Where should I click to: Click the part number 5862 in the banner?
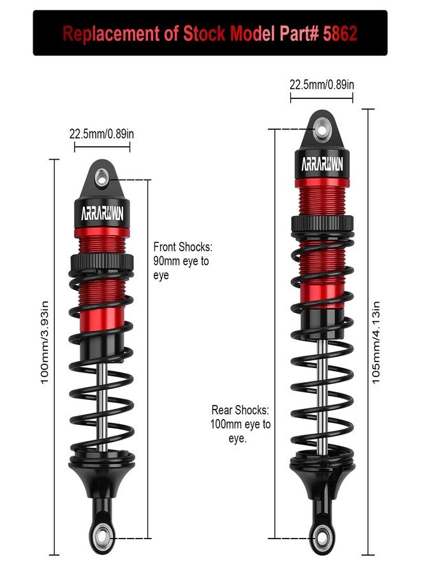pos(340,33)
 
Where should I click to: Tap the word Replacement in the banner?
pos(111,34)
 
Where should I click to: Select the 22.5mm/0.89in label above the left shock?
pos(102,134)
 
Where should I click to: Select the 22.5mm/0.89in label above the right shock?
pos(321,85)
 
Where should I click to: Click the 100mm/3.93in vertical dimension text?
pos(44,342)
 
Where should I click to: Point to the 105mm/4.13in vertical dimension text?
pos(376,342)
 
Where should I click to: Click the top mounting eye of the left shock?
pos(102,179)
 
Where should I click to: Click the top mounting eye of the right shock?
pos(321,129)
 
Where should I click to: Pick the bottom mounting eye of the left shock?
pos(103,537)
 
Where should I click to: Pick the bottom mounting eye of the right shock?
pos(322,537)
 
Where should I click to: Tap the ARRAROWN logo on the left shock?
pos(102,213)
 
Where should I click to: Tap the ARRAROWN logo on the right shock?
pos(322,164)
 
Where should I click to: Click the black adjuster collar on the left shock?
pos(102,261)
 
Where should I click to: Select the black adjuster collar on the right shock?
pos(323,224)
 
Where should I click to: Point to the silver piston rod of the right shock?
pos(322,397)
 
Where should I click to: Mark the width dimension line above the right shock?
pos(321,98)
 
